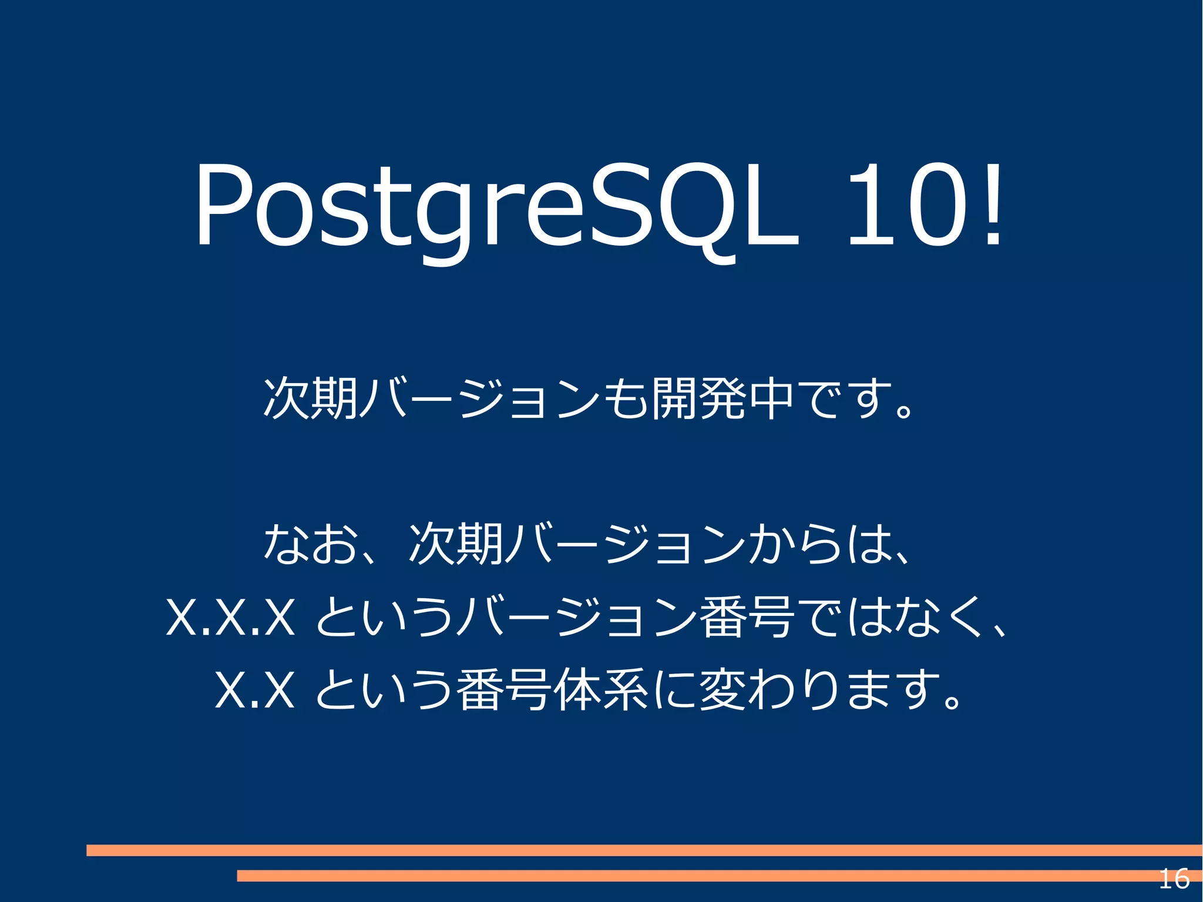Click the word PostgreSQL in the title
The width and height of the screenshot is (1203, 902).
point(496,206)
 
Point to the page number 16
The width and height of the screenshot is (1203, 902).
point(1174,879)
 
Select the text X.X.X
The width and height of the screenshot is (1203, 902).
point(230,617)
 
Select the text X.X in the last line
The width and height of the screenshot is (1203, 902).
point(254,689)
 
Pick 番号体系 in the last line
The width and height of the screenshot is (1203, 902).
point(552,689)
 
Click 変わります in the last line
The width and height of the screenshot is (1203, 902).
point(816,689)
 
